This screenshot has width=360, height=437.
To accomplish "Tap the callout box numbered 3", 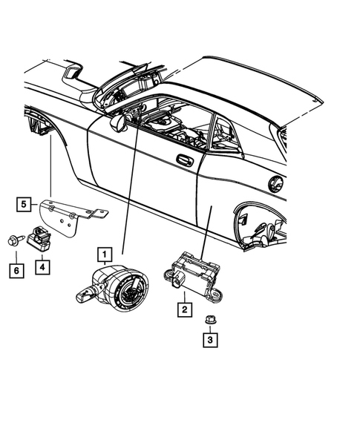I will pos(210,341).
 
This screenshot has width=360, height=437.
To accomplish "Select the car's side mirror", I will pos(118,122).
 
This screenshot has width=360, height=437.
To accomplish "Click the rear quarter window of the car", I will pos(223,134).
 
